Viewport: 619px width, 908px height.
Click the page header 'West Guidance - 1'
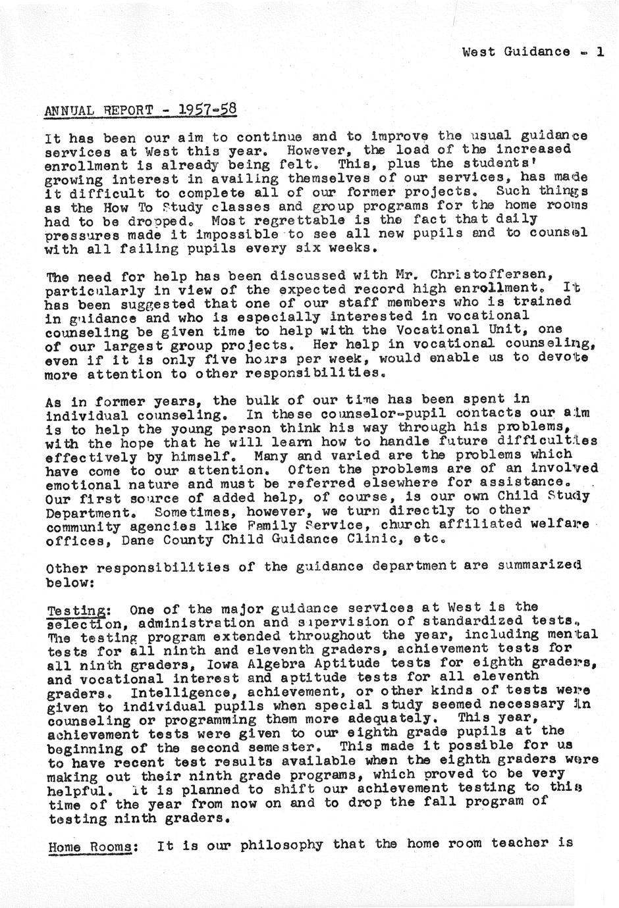(x=533, y=51)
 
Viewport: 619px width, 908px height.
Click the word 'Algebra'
(x=257, y=663)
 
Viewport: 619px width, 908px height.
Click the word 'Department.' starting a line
(x=84, y=511)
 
